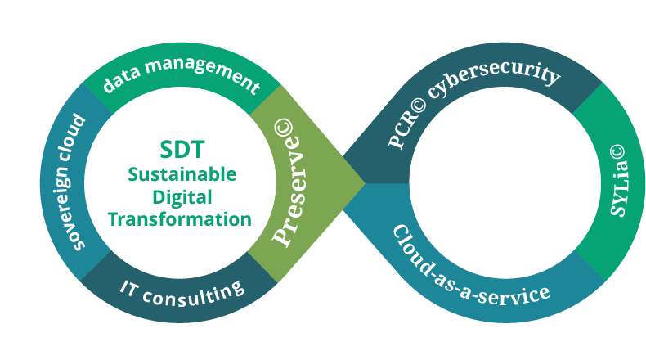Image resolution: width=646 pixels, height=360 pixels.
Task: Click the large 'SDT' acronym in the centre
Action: click(x=181, y=151)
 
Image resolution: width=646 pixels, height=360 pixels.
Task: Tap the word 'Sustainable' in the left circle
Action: click(x=181, y=174)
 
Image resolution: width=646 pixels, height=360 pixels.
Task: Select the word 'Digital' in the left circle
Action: click(x=181, y=196)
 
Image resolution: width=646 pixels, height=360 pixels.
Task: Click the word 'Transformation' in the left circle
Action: click(x=180, y=218)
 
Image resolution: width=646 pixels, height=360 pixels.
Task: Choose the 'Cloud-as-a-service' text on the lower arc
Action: click(x=469, y=268)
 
